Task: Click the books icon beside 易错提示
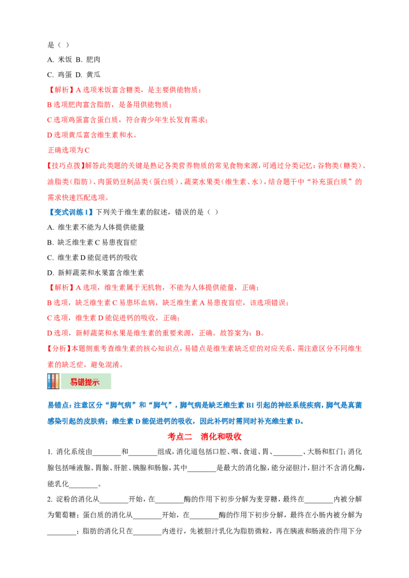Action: coord(53,381)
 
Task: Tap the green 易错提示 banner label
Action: coord(86,381)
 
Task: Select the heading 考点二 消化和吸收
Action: coord(204,437)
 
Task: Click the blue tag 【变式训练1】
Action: coord(70,212)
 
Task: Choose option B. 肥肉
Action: coord(88,59)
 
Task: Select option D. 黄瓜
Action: coord(88,75)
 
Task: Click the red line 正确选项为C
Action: coord(69,150)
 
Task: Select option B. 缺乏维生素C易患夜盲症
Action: coord(92,242)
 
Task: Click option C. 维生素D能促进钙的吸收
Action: coord(93,257)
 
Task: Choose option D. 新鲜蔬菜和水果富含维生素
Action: coord(96,273)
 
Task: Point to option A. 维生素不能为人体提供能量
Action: coord(96,227)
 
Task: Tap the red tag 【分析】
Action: coord(59,348)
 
